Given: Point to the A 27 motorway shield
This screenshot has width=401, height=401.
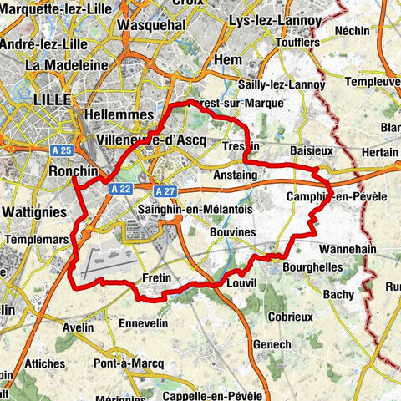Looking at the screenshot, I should [164, 190].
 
